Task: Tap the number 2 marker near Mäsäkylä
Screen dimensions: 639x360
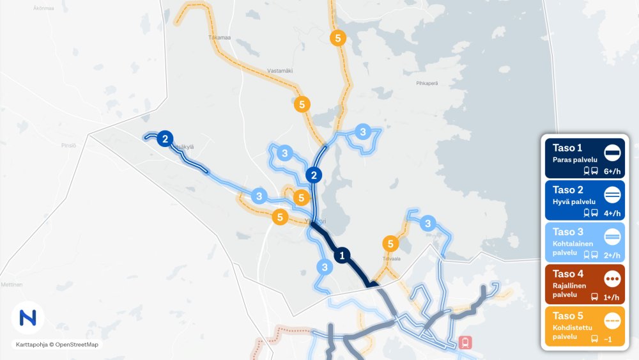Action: click(x=165, y=138)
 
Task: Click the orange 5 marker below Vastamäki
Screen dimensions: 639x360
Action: click(x=303, y=104)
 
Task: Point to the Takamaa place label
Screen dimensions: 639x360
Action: click(x=219, y=38)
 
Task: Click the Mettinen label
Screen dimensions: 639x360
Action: click(x=12, y=284)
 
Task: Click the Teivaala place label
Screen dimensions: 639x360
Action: click(x=390, y=260)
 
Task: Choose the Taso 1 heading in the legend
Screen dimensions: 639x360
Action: click(x=567, y=148)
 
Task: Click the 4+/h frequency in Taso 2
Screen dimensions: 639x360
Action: click(x=612, y=213)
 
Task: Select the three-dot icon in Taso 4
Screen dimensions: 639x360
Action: click(x=612, y=279)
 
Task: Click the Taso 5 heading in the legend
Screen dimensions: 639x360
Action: click(x=567, y=316)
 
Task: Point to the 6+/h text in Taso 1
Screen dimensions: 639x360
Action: click(x=612, y=171)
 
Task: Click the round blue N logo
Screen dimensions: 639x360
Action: click(x=27, y=317)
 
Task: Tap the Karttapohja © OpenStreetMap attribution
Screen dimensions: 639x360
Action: click(x=58, y=345)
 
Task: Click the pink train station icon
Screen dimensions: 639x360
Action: click(x=466, y=342)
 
